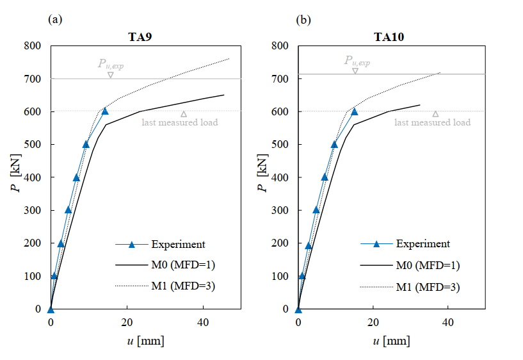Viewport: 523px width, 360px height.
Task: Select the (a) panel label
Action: coord(55,20)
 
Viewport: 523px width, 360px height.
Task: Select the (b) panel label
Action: coord(303,20)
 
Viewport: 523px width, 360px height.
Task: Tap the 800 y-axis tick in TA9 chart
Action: coord(32,46)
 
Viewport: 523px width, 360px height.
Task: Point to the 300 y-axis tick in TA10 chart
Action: coord(279,211)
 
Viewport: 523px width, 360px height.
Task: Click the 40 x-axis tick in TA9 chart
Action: coord(203,322)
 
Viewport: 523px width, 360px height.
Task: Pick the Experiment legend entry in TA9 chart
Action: coord(178,244)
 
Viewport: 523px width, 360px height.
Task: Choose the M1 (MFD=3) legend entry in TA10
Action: coord(427,286)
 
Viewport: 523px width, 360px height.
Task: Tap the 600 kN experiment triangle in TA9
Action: coord(105,111)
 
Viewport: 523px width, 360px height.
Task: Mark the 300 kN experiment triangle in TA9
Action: coord(68,209)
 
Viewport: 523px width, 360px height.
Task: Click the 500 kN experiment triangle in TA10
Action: coord(334,143)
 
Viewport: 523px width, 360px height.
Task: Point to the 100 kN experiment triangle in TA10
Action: coord(302,275)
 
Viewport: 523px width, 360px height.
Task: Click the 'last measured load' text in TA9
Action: coord(179,122)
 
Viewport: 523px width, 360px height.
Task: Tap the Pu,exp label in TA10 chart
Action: coord(357,61)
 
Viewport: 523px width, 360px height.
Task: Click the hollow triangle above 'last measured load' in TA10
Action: coord(435,114)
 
